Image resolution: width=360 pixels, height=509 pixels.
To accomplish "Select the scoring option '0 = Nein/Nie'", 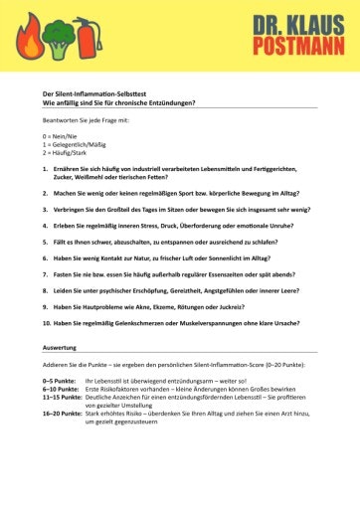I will (64, 135).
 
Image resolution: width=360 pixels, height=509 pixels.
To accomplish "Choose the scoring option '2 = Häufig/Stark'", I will (70, 153).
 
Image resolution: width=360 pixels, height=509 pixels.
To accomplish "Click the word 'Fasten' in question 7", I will (62, 273).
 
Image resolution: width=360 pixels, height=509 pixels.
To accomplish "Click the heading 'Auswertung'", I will (62, 348).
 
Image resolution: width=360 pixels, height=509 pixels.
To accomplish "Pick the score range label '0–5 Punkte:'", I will (61, 381).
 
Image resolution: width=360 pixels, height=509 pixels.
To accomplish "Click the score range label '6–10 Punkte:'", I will (62, 389).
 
